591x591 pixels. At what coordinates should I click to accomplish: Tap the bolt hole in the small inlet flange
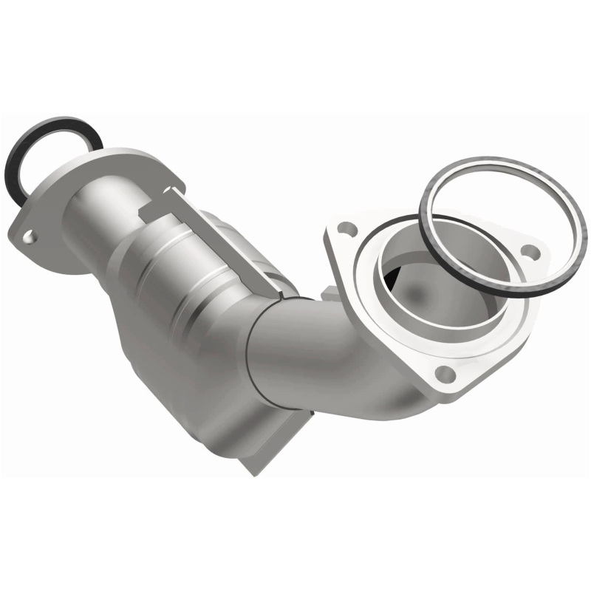pos(29,237)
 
